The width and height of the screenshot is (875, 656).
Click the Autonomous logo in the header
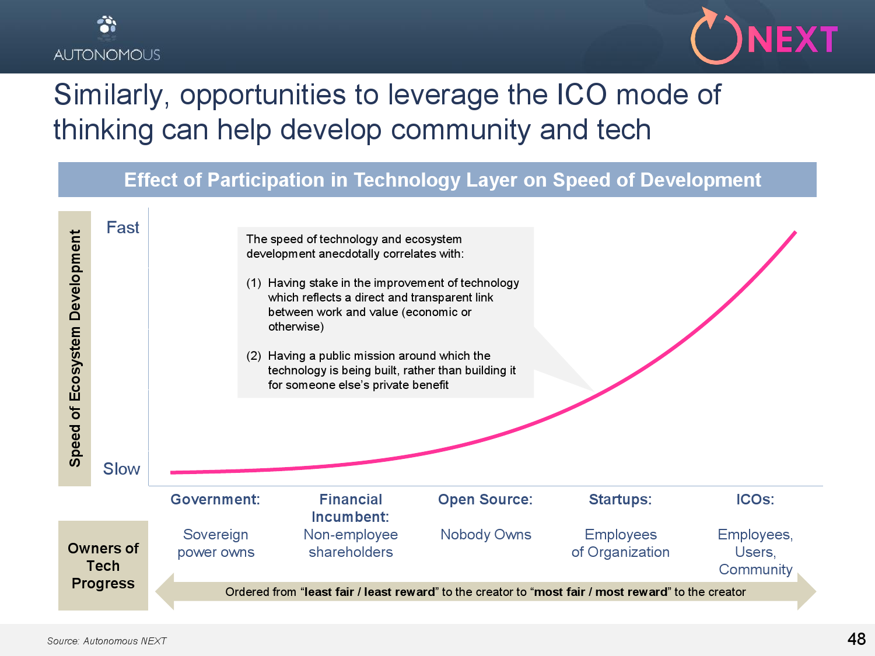(107, 38)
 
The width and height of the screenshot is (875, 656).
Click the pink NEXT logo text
(793, 40)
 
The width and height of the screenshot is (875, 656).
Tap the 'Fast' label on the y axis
(123, 227)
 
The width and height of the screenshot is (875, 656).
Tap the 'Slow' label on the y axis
(121, 469)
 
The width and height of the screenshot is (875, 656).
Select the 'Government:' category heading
(215, 500)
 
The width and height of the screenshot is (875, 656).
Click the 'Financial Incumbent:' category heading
(351, 508)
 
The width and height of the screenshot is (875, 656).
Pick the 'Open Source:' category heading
(485, 500)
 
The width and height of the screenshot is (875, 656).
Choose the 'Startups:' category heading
(620, 500)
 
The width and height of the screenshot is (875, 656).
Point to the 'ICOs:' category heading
(755, 500)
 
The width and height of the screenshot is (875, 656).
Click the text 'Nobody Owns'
(485, 535)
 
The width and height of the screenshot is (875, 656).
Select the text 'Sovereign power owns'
(216, 543)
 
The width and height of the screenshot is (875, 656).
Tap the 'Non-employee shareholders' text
(351, 543)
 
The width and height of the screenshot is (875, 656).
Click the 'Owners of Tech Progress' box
(103, 566)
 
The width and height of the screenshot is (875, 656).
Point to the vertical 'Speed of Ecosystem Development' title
(75, 348)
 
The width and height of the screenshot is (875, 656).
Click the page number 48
(856, 639)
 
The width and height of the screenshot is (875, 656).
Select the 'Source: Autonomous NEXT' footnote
(106, 641)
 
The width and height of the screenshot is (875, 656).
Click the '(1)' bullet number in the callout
(254, 283)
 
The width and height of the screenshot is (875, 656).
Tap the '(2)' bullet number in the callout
(254, 356)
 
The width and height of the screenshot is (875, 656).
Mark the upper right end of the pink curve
(795, 232)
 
